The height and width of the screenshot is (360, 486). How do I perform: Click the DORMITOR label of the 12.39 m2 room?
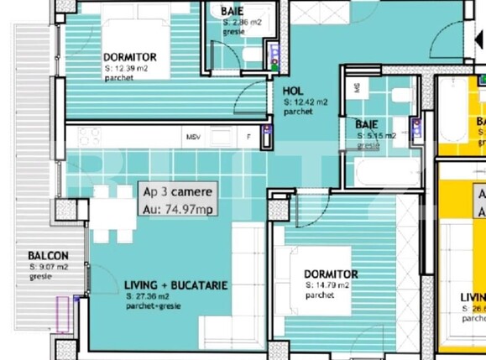click(x=130, y=57)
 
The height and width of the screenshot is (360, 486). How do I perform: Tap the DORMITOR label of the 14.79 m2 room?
click(x=331, y=274)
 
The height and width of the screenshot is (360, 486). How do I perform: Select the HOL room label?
click(x=292, y=91)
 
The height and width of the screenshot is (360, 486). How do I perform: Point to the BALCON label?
click(x=48, y=256)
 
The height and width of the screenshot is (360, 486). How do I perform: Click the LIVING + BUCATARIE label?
click(x=175, y=285)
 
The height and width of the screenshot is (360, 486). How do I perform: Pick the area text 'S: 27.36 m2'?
click(x=152, y=296)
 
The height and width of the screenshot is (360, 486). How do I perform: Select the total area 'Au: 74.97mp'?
click(x=179, y=209)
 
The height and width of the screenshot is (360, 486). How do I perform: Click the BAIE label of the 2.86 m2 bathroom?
click(x=233, y=12)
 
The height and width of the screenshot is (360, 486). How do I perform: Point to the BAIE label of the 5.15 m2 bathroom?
click(x=365, y=124)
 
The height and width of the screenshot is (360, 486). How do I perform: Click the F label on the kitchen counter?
click(x=248, y=137)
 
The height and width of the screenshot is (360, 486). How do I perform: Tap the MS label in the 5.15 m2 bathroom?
click(x=357, y=86)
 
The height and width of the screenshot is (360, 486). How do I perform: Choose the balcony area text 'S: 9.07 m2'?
click(x=49, y=267)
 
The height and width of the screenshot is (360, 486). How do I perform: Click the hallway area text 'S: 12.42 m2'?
click(x=306, y=102)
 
